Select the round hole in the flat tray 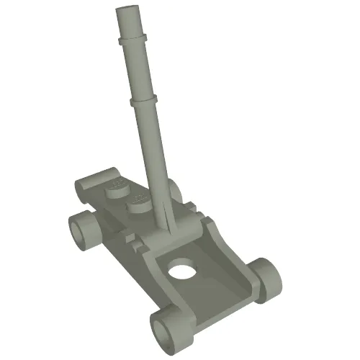[184, 272]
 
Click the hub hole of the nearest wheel [162, 333]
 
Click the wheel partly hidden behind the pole [174, 191]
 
